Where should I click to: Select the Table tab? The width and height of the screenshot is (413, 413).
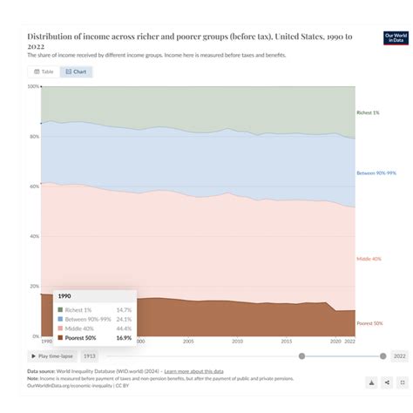43,71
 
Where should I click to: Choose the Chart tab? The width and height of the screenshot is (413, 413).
76,71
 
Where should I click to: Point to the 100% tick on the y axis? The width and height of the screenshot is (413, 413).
33,87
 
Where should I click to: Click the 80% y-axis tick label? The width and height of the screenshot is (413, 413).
34,137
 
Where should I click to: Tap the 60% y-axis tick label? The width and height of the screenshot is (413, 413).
34,186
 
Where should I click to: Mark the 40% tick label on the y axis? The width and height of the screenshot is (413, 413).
34,236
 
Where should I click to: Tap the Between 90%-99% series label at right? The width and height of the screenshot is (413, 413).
376,173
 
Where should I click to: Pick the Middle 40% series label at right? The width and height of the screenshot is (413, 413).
369,259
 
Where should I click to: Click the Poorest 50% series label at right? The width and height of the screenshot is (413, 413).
369,323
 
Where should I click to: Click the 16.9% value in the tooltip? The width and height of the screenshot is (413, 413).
124,337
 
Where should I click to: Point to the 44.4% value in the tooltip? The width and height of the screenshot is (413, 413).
124,328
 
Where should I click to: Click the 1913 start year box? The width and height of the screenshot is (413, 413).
90,355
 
